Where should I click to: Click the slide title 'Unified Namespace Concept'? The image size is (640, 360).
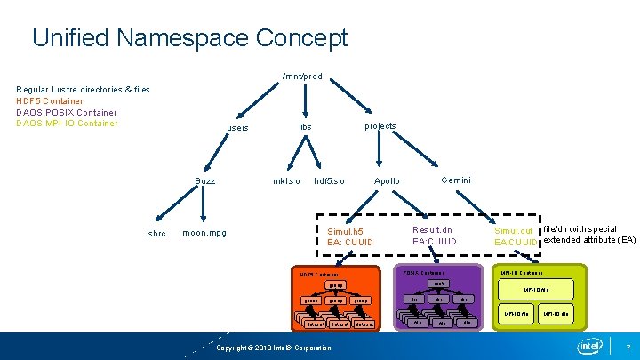click(x=189, y=38)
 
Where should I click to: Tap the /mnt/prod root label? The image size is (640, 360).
click(x=301, y=76)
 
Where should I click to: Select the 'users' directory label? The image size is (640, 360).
click(x=237, y=128)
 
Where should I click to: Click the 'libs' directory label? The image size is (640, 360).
click(x=305, y=127)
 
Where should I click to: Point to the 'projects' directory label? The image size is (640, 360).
click(x=380, y=126)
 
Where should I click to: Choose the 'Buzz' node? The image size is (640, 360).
click(x=205, y=180)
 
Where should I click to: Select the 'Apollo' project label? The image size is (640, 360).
click(x=387, y=180)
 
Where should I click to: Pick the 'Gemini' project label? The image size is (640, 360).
click(x=456, y=180)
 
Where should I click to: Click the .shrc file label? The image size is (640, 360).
click(x=156, y=234)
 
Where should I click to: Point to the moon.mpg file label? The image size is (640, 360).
click(x=204, y=233)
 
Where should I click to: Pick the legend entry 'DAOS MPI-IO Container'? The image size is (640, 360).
click(x=67, y=123)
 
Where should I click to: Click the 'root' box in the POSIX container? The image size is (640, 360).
click(x=437, y=284)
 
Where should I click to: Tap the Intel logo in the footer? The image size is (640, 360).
click(x=589, y=346)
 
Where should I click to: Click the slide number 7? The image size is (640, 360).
click(x=628, y=346)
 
